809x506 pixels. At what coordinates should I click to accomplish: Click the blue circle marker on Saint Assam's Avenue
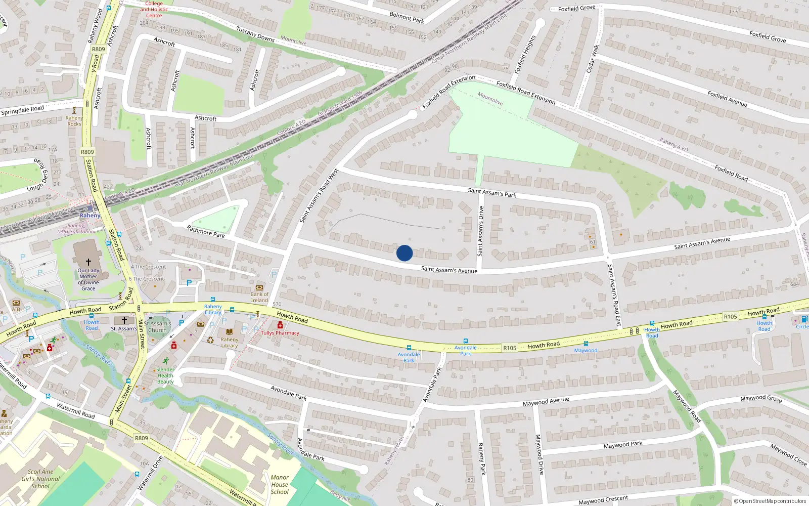click(x=404, y=253)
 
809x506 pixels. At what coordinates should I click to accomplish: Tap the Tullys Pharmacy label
click(x=280, y=333)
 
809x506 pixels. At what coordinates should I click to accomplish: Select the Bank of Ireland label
click(x=259, y=297)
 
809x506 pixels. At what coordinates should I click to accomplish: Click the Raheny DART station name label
click(x=90, y=216)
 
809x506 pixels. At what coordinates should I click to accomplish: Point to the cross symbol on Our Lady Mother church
click(x=88, y=262)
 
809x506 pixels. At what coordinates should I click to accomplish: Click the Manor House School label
click(x=280, y=484)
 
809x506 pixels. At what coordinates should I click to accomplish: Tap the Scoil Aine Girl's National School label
click(x=40, y=479)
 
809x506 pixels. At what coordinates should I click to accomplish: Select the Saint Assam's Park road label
click(x=492, y=192)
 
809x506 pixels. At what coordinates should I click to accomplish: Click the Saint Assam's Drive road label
click(x=480, y=231)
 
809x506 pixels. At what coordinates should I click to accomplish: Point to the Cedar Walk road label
click(x=593, y=59)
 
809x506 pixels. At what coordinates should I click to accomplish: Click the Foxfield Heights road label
click(x=525, y=55)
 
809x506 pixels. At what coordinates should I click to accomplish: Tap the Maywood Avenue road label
click(x=546, y=402)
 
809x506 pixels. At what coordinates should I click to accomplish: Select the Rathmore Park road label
click(x=206, y=231)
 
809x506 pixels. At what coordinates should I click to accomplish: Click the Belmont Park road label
click(x=407, y=18)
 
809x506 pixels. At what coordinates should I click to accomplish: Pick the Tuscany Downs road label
click(x=255, y=34)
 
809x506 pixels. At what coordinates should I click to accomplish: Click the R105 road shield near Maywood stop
click(x=510, y=348)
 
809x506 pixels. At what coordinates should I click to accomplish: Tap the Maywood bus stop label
click(x=586, y=350)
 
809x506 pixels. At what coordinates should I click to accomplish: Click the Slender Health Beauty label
click(x=165, y=375)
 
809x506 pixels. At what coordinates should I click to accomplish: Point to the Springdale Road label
click(x=22, y=110)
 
